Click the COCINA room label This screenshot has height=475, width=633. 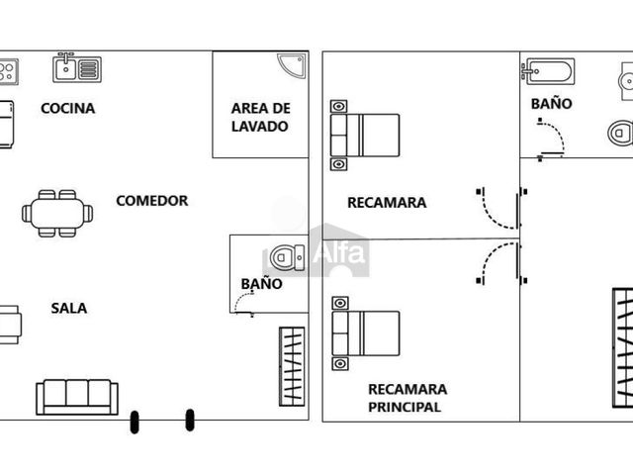[x=68, y=108]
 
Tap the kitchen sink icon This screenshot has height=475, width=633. [x=77, y=68]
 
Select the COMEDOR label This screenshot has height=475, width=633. [x=152, y=201]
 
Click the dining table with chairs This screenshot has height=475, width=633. [x=57, y=214]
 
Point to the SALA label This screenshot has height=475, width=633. [x=69, y=308]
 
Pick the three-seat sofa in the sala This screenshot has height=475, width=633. [x=77, y=397]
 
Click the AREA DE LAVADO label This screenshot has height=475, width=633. [x=260, y=117]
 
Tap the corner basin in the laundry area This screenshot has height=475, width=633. [x=292, y=65]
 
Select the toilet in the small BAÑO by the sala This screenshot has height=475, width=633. [x=288, y=257]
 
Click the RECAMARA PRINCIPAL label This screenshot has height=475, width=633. [x=407, y=398]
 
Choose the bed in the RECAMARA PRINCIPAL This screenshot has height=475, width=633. [x=365, y=333]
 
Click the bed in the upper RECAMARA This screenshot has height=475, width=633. [x=365, y=136]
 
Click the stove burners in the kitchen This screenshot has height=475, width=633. [x=9, y=71]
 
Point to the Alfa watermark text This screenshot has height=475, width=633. [x=339, y=253]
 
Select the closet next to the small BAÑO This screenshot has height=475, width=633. [x=292, y=366]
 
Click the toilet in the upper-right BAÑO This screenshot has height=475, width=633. [x=620, y=133]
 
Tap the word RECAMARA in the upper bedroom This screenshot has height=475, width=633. [x=387, y=203]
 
